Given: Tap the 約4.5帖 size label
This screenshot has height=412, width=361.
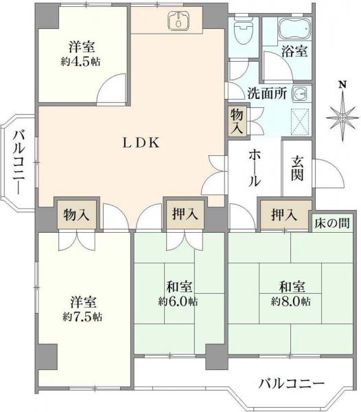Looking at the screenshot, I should (81, 60).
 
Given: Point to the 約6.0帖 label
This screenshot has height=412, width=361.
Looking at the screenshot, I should (178, 301).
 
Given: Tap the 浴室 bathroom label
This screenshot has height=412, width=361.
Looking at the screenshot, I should (294, 50).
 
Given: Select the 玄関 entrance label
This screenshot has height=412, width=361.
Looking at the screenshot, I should (297, 168).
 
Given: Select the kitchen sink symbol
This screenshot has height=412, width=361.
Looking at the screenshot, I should (178, 21).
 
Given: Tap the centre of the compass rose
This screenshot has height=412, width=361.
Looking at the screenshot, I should (341, 118).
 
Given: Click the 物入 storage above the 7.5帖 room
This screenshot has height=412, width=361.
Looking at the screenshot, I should (76, 215).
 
